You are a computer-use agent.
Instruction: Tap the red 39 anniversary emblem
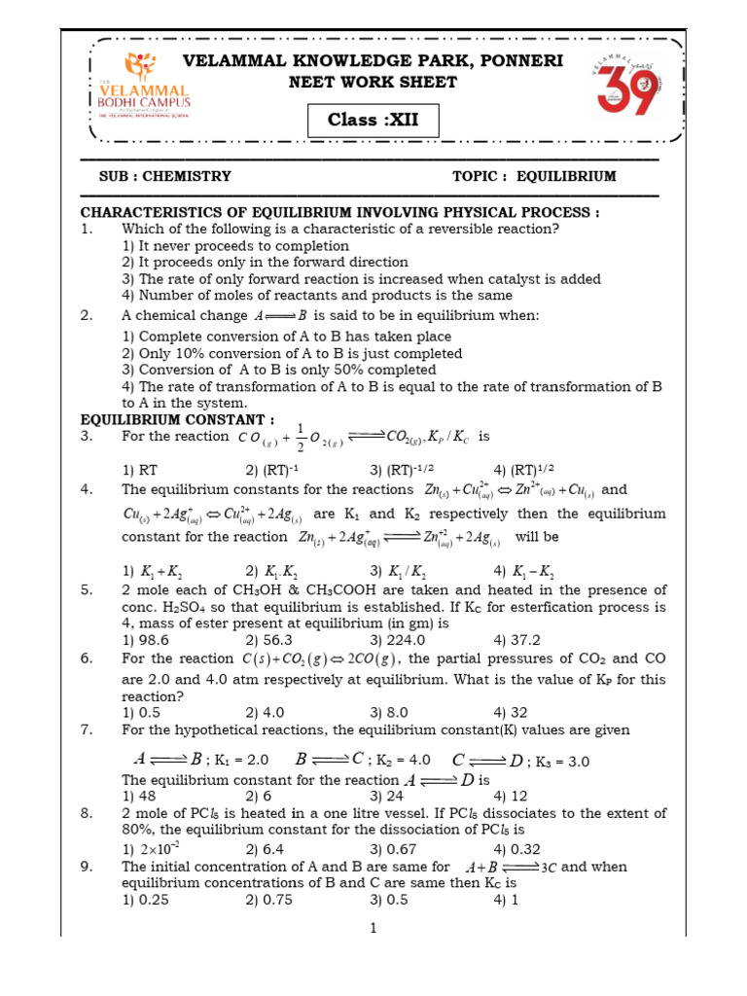(623, 88)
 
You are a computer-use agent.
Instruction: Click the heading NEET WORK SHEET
(373, 82)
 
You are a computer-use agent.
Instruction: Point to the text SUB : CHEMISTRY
(165, 176)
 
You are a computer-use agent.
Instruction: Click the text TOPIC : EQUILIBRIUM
(534, 176)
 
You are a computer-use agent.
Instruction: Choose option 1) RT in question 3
(140, 469)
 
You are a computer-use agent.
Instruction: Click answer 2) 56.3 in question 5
(270, 639)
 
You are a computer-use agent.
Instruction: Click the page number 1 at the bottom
(373, 929)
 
